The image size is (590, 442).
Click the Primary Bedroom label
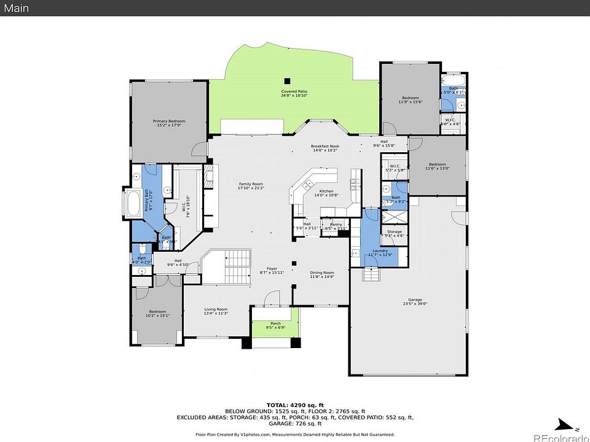[x=169, y=122]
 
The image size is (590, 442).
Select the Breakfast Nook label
[x=325, y=146]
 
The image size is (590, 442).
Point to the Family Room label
[x=251, y=184]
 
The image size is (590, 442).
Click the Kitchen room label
[x=326, y=192]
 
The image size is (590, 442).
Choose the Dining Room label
[x=322, y=273]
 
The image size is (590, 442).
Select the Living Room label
[x=216, y=309]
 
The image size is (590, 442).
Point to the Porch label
[x=275, y=324]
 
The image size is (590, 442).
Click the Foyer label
[x=272, y=269]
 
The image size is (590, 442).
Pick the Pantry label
[x=336, y=225]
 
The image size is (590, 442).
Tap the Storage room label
[x=394, y=231]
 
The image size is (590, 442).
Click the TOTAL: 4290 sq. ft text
[x=294, y=405]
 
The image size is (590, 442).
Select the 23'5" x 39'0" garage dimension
[x=415, y=304]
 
